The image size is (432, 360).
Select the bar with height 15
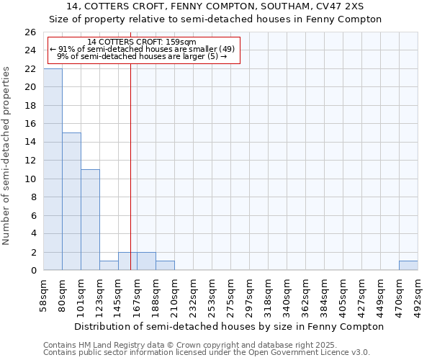coord(71,202)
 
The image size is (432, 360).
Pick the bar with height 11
coord(90,220)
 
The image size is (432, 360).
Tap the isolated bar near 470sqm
coord(408,265)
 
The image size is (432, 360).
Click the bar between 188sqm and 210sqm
coord(165,265)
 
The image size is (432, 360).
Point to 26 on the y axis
coord(30,32)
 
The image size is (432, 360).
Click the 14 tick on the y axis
coord(30,143)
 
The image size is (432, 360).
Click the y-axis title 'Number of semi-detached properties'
coord(6,156)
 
